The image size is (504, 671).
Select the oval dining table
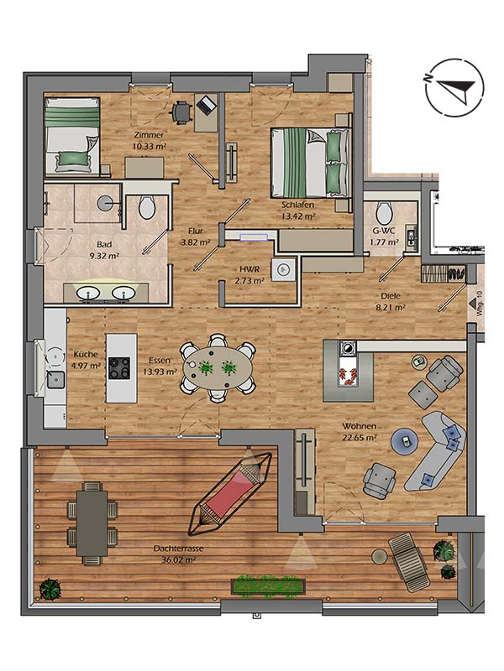coord(218,368)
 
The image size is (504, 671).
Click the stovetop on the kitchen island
coord(119,368)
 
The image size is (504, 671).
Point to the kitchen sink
coord(55,380)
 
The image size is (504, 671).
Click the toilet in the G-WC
coord(384,212)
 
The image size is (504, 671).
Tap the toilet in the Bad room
coord(147,206)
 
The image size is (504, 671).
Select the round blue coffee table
coord(405,440)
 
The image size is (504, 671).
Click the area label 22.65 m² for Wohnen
coord(360,437)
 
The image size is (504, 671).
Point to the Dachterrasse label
coord(178,549)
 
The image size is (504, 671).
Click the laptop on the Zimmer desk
coord(206,105)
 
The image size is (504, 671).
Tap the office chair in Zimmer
coord(181,112)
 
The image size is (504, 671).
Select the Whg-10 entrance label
coord(479,304)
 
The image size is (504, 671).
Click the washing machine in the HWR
coord(283,269)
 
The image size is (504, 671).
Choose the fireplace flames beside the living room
coord(348,374)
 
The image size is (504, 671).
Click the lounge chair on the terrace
coord(409,562)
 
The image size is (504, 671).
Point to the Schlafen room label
coord(298,205)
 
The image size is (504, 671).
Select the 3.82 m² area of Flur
coord(196,242)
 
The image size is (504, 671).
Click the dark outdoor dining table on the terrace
coord(92,523)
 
